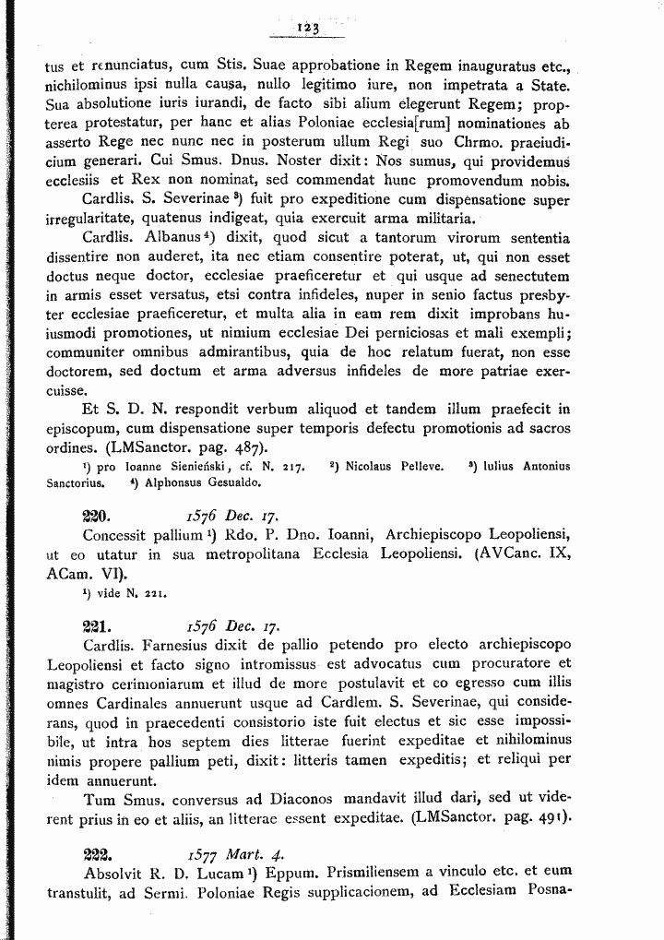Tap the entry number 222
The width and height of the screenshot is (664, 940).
click(97, 853)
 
